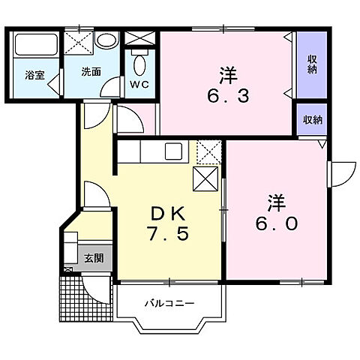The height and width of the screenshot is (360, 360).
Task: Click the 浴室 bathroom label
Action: pos(34,75)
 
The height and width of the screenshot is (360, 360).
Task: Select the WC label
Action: pos(140,85)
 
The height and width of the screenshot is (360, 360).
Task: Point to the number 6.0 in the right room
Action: pos(275,223)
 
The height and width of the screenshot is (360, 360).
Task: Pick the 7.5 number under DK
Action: pos(167,233)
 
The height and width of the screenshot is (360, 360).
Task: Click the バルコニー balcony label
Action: pos(169,304)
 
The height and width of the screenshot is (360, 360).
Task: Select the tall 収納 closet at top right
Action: pos(310,65)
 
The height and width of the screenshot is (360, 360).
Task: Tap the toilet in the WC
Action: pos(140,60)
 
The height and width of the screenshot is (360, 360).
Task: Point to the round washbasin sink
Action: pos(106,41)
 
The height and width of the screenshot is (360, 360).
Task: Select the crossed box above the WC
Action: pos(139,38)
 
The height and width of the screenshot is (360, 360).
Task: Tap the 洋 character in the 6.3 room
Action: pos(228,75)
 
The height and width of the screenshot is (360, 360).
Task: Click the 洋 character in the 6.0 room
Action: pos(275,202)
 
